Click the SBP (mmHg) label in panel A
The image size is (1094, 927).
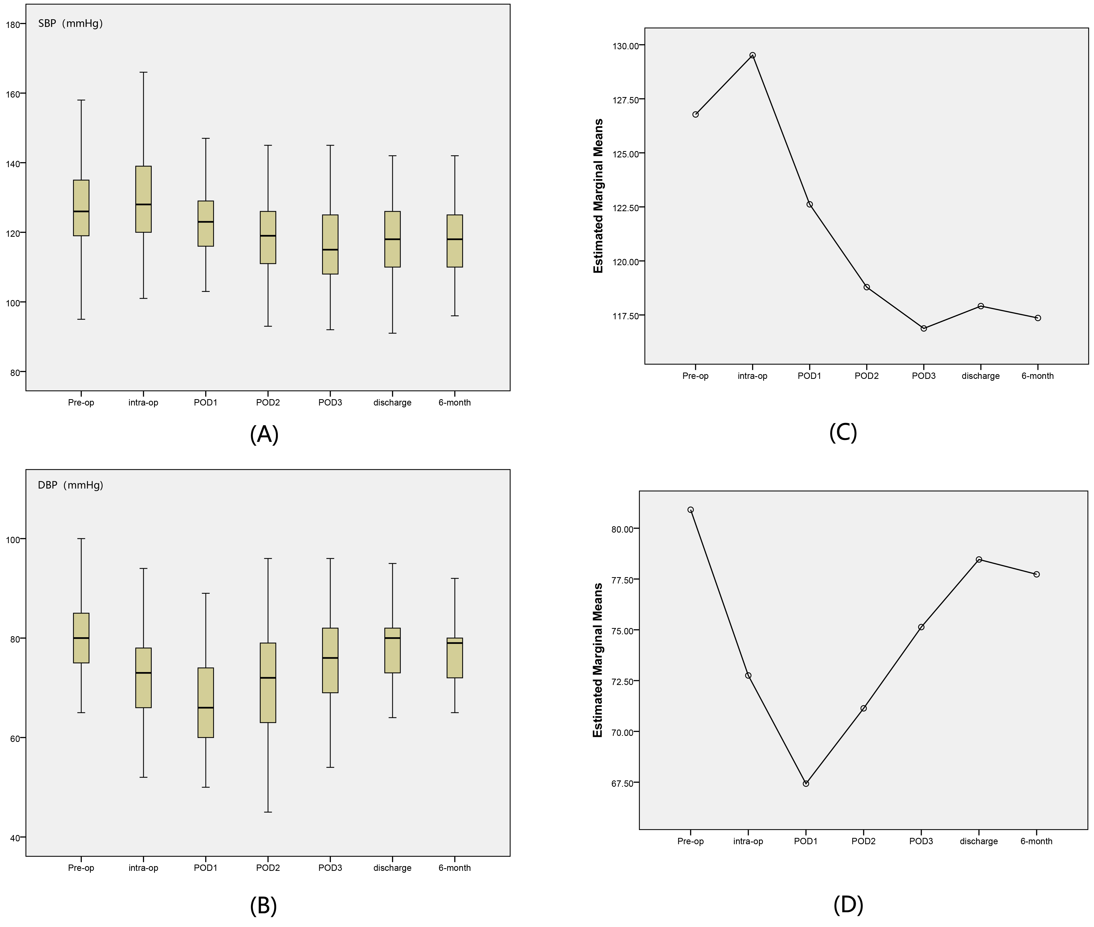[70, 23]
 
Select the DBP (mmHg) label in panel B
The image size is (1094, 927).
[70, 485]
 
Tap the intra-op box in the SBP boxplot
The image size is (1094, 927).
[144, 199]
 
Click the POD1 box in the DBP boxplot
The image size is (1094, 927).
[206, 703]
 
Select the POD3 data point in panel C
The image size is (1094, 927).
[924, 329]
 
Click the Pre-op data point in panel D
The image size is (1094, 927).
[691, 510]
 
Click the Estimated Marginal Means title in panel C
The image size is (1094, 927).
[598, 196]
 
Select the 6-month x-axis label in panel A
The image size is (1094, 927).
[455, 403]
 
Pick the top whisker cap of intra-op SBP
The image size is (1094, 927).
[144, 72]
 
